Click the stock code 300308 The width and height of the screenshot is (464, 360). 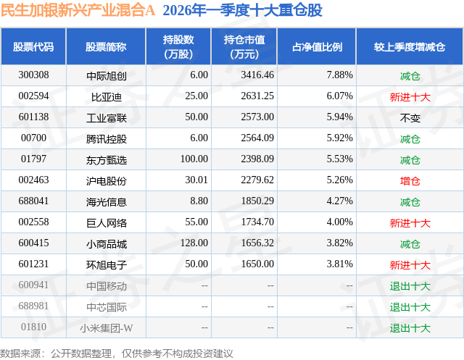pos(34,75)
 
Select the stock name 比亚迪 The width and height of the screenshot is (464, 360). pos(106,96)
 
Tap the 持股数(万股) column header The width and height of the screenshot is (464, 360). pos(178,47)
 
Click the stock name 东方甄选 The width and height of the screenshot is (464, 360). pos(106,159)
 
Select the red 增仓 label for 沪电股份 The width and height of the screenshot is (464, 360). pos(410,180)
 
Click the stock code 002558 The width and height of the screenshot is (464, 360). pos(34,223)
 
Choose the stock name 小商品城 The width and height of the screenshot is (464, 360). pos(106,244)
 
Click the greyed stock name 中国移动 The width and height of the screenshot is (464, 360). pos(106,286)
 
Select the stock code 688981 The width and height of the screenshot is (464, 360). pos(34,307)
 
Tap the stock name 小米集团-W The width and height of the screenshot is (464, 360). pos(106,328)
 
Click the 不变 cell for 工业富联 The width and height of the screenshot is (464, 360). pos(410,117)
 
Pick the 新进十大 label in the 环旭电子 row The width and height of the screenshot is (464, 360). pos(410,265)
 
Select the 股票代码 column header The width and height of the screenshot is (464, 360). pos(33,47)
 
